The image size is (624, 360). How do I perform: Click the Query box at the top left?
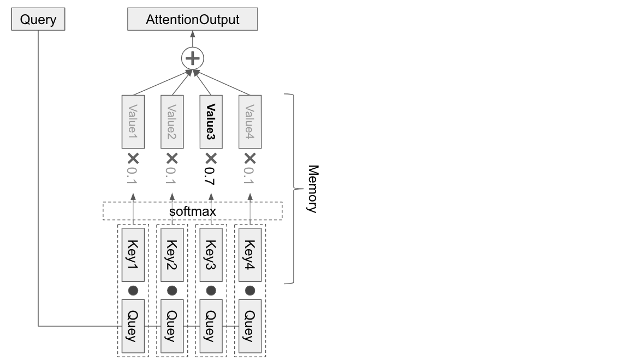[x=38, y=20]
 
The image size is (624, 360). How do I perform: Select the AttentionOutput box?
[x=192, y=20]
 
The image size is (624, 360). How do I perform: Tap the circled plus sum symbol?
[x=192, y=58]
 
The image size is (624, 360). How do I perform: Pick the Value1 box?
[x=133, y=121]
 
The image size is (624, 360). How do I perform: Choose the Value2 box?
[x=172, y=121]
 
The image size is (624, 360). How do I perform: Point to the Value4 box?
[x=250, y=121]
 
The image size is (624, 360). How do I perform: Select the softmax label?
[x=192, y=211]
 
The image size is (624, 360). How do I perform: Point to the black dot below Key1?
[x=133, y=290]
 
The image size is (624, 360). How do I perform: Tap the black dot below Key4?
[x=250, y=290]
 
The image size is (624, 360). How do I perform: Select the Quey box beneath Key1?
[x=133, y=326]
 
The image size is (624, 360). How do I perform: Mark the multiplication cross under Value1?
[x=133, y=158]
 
